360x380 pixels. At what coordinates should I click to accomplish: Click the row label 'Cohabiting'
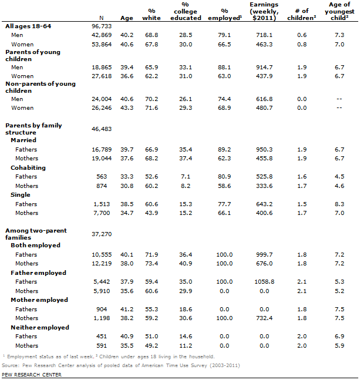tap(28, 167)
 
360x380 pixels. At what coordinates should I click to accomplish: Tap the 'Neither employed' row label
tap(40, 327)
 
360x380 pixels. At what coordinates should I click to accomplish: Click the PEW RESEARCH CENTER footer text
tap(31, 374)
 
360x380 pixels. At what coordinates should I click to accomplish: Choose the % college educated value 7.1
tap(189, 176)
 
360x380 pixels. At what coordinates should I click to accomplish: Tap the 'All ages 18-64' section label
tap(26, 27)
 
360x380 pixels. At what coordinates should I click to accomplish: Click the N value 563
tap(96, 176)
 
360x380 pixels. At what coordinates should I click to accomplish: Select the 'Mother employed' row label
tap(39, 300)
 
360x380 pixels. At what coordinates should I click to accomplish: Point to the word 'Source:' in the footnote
tap(11, 365)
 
